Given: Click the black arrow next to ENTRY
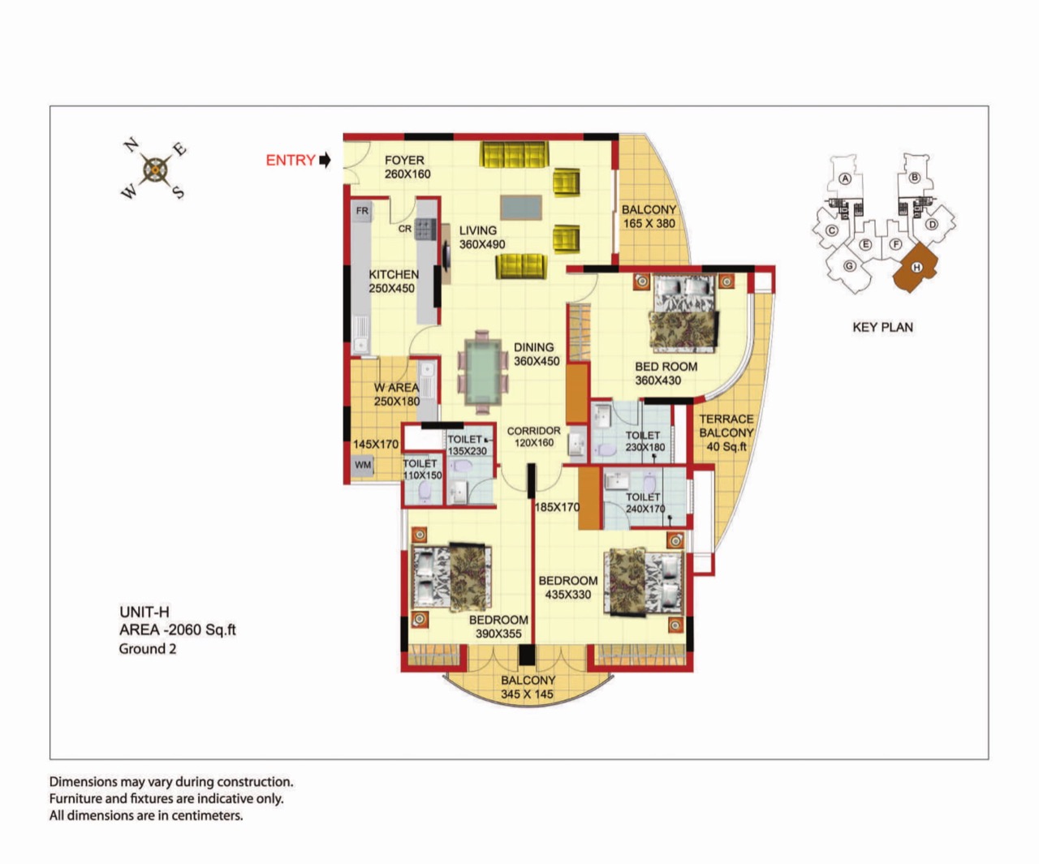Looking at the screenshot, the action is pos(325,160).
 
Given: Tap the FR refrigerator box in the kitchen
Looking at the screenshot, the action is pos(362,211).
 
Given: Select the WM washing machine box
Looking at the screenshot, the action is pos(363,465).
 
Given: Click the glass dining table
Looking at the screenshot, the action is pos(483,372).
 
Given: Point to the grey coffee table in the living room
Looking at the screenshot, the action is pos(521,208).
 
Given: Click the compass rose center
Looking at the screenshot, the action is pos(155,170).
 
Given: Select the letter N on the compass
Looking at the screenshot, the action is pos(131,144).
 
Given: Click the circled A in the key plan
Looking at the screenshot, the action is pos(845,178).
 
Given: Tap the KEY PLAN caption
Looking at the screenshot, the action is pos(883,327).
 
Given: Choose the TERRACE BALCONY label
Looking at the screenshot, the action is pos(726,426).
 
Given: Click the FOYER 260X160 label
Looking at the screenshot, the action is pos(407,167).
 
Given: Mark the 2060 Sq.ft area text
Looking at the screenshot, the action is pos(201,630).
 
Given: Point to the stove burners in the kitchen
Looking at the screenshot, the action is pos(425,230).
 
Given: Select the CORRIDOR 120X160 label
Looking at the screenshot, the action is pos(533,436).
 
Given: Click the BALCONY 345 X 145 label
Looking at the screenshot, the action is pos(528,687).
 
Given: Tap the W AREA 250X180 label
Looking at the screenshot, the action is pos(397,394).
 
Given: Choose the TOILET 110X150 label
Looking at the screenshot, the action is pos(422,469).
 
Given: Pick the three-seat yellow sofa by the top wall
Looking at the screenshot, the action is pos(513,154).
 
